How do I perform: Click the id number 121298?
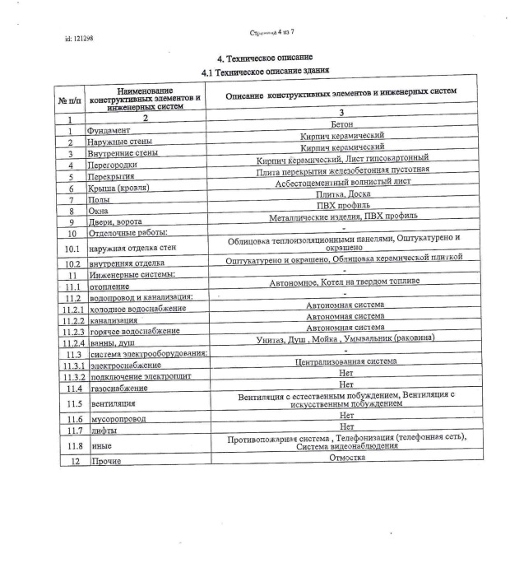tap(79, 39)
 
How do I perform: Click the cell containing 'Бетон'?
tap(341, 123)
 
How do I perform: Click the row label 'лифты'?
tap(104, 431)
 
